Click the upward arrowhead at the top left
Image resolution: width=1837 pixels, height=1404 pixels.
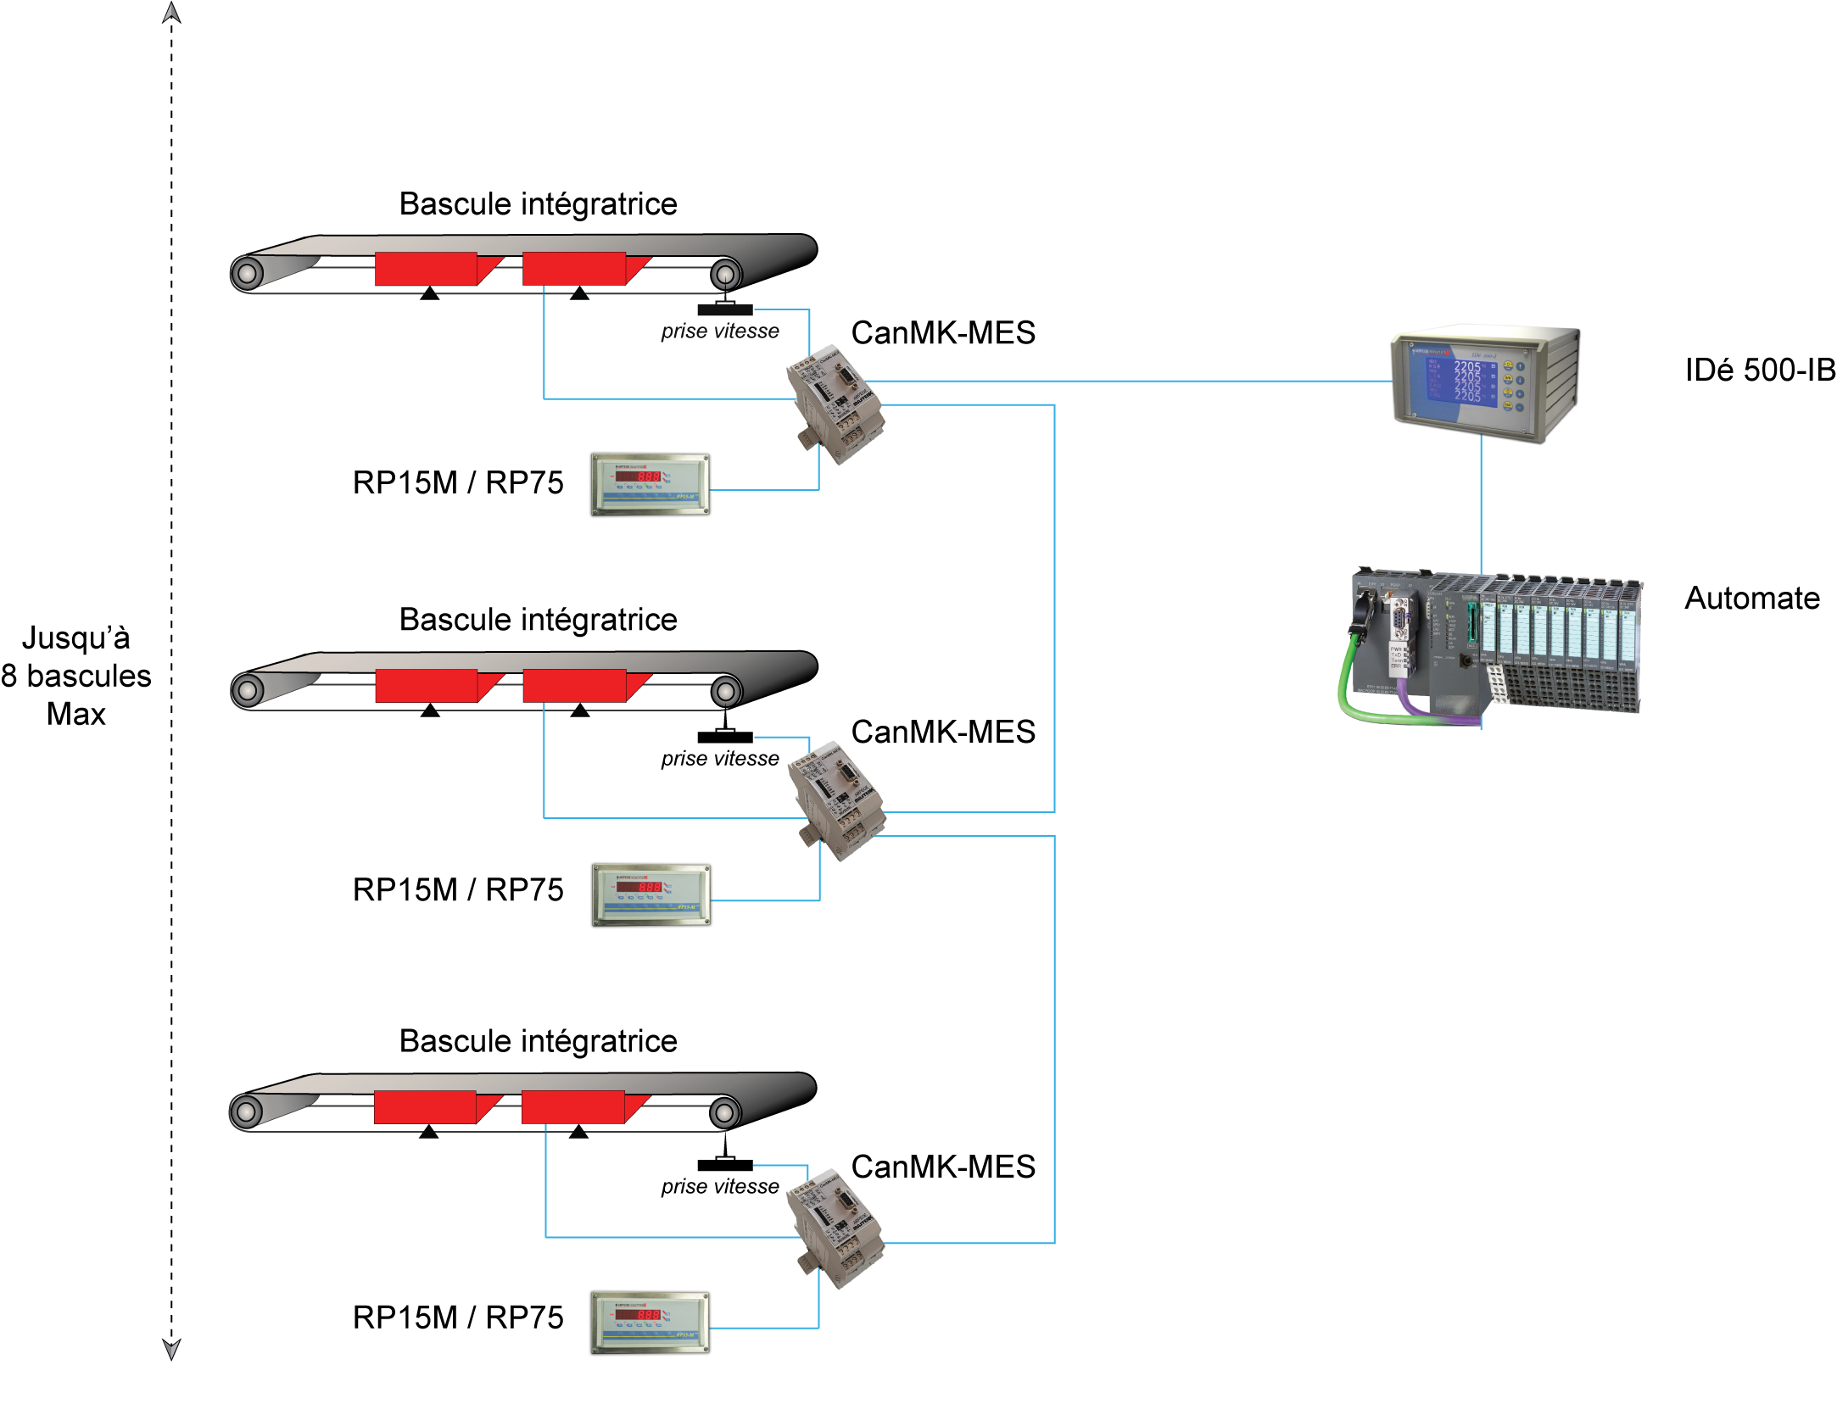coord(171,13)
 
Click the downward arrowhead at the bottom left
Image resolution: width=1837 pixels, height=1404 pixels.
coord(171,1349)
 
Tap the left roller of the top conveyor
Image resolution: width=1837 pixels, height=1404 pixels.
coord(248,274)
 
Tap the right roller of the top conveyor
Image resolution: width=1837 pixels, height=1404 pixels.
coord(726,274)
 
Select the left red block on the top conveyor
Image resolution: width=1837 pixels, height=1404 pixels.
coord(426,269)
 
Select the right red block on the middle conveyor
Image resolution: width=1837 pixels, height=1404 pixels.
coord(574,686)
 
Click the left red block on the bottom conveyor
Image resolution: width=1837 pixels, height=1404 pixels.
coord(425,1107)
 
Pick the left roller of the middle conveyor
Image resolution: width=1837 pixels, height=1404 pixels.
coord(248,691)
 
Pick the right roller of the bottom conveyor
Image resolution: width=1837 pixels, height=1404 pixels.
coord(725,1112)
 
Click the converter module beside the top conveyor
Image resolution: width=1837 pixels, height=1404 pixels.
coord(835,403)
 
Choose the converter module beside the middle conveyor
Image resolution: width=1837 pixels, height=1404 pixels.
coord(836,799)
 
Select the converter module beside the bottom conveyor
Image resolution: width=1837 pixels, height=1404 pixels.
coord(835,1228)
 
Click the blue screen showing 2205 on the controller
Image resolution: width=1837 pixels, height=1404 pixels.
coord(1454,380)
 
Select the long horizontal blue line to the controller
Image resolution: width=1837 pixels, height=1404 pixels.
coord(1128,381)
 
